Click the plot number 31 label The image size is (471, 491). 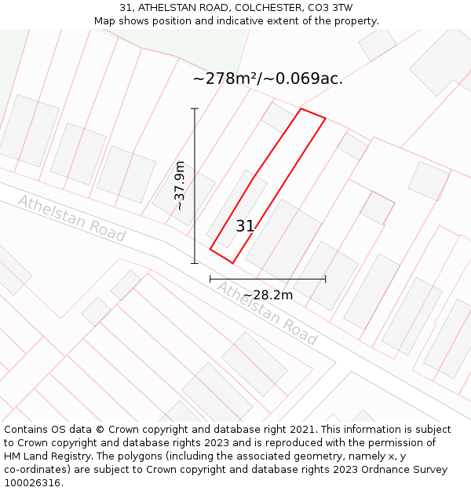(x=245, y=226)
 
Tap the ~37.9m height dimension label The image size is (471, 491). (x=180, y=185)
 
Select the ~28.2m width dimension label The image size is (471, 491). (x=268, y=295)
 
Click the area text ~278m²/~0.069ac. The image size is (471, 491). (x=268, y=79)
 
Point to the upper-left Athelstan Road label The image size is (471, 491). (x=71, y=218)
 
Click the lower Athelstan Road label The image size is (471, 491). (x=267, y=313)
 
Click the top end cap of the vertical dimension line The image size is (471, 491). (x=195, y=108)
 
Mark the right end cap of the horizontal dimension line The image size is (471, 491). (x=325, y=279)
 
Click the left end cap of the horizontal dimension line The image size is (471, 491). (x=210, y=279)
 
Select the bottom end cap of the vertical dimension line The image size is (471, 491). (x=195, y=263)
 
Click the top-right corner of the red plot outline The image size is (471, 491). (x=325, y=119)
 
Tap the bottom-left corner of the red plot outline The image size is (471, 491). (x=210, y=250)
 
